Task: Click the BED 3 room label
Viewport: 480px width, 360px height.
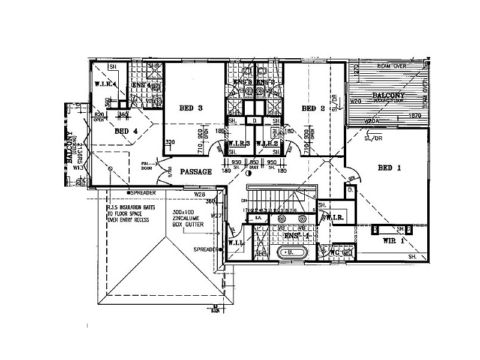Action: [x=191, y=108]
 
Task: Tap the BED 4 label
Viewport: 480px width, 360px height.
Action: [x=126, y=130]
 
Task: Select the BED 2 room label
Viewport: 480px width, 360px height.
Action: [x=313, y=109]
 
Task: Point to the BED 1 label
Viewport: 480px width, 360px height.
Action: [x=389, y=167]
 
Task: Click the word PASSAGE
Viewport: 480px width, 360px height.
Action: [x=195, y=172]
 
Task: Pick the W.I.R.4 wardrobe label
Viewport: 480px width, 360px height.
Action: [x=105, y=85]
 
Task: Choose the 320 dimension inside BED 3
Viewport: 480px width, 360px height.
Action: [x=170, y=142]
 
